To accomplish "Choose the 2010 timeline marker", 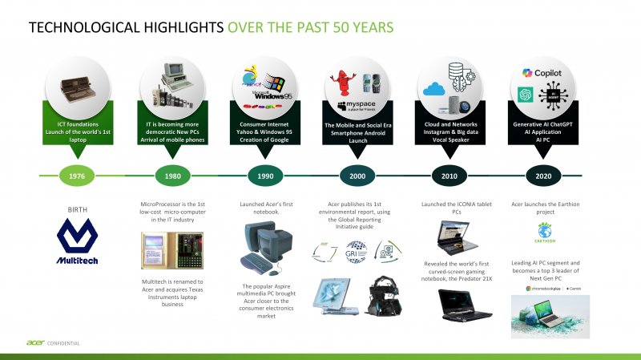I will pyautogui.click(x=449, y=175).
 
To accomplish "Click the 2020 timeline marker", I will pyautogui.click(x=542, y=175).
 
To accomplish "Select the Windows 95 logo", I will pyautogui.click(x=264, y=88).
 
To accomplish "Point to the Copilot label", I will pyautogui.click(x=548, y=73).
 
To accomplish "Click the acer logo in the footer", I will pyautogui.click(x=34, y=344).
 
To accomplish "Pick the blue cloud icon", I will pyautogui.click(x=434, y=90).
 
